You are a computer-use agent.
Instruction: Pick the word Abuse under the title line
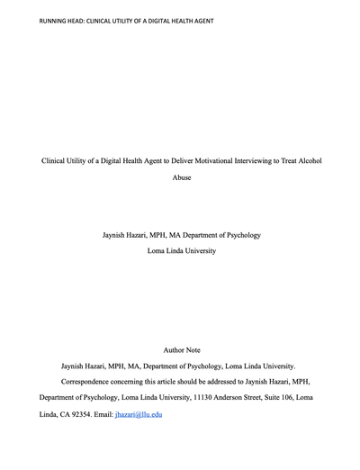pos(183,177)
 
